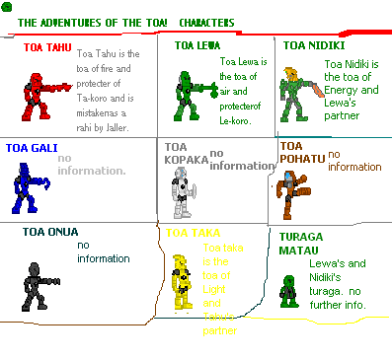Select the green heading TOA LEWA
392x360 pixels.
[x=198, y=44]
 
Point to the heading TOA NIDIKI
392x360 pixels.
[x=313, y=44]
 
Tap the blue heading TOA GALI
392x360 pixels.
[x=29, y=148]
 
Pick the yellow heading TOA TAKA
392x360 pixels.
[x=192, y=234]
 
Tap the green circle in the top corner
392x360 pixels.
[x=8, y=7]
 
